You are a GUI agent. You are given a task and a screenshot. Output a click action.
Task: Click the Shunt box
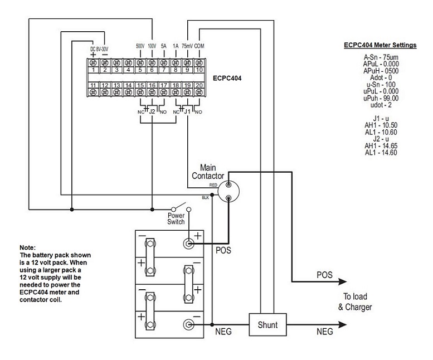pyautogui.click(x=267, y=325)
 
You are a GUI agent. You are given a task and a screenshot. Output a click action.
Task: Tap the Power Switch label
pyautogui.click(x=176, y=218)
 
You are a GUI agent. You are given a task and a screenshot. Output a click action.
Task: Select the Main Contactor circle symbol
pyautogui.click(x=228, y=191)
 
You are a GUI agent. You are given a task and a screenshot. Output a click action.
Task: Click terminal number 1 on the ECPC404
pyautogui.click(x=93, y=70)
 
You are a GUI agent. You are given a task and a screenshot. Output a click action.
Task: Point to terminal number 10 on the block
pyautogui.click(x=199, y=70)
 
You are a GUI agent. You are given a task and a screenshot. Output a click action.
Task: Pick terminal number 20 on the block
pyautogui.click(x=199, y=85)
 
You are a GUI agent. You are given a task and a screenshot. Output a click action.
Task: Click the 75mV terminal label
pyautogui.click(x=187, y=46)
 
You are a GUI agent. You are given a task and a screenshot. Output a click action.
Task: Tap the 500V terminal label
pyautogui.click(x=140, y=46)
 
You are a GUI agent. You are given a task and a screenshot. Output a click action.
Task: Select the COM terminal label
pyautogui.click(x=199, y=46)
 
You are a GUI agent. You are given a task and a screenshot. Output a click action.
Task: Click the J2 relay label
pyautogui.click(x=152, y=112)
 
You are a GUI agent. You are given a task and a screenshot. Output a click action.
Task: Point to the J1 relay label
pyautogui.click(x=187, y=112)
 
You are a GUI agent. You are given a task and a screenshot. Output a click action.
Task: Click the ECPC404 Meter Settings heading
pyautogui.click(x=380, y=45)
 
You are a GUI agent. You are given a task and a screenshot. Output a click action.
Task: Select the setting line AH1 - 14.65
pyautogui.click(x=381, y=146)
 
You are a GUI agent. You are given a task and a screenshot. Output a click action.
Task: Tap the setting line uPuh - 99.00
pyautogui.click(x=381, y=98)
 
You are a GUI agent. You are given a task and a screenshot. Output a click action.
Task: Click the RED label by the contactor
pyautogui.click(x=213, y=185)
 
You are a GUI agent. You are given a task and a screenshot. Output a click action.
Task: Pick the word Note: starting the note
pyautogui.click(x=28, y=247)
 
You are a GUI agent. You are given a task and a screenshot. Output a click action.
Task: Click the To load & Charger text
pyautogui.click(x=355, y=301)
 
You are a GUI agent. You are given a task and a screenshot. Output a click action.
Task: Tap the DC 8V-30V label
pyautogui.click(x=99, y=49)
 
